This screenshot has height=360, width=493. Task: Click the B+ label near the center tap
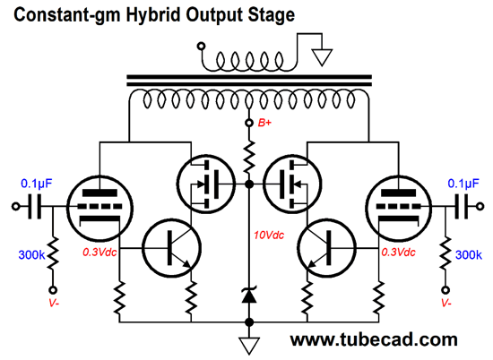pos(264,123)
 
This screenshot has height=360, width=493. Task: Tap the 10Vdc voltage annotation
pos(269,235)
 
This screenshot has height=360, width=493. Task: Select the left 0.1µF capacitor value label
pos(37,184)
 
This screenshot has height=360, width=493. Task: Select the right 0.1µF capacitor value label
pos(463,184)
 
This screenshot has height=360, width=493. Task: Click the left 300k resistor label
pos(31,254)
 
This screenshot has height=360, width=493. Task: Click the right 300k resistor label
pos(469,254)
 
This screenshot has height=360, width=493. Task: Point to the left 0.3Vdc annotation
pos(99,253)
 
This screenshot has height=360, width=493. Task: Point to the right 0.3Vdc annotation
pos(398,253)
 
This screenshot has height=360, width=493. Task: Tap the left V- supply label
pos(54,303)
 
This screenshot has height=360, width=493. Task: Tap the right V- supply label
pos(446,303)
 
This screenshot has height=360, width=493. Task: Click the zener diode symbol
pos(249,296)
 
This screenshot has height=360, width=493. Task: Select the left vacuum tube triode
pos(100,209)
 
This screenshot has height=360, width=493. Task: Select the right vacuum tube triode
pos(398,209)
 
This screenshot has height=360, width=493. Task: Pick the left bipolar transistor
pos(172,248)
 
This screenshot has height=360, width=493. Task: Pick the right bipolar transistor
pos(326,248)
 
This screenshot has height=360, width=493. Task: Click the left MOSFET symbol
pos(206,184)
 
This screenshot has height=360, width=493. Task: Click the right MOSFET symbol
pos(292,184)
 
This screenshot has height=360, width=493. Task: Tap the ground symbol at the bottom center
pos(249,346)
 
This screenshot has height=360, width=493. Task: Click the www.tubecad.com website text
pos(374,340)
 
